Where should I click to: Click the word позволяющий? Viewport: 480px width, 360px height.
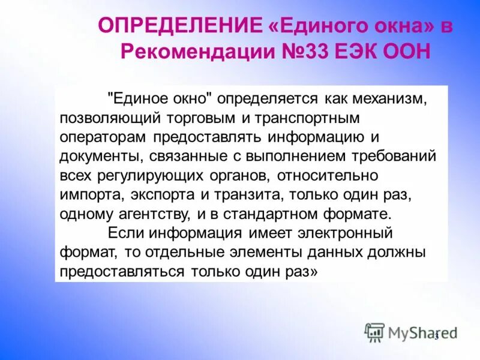pos(106,117)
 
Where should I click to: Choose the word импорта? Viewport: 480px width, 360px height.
pos(84,195)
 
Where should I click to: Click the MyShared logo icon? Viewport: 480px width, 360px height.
pos(374,332)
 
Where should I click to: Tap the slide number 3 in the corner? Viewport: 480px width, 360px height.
pos(437,335)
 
